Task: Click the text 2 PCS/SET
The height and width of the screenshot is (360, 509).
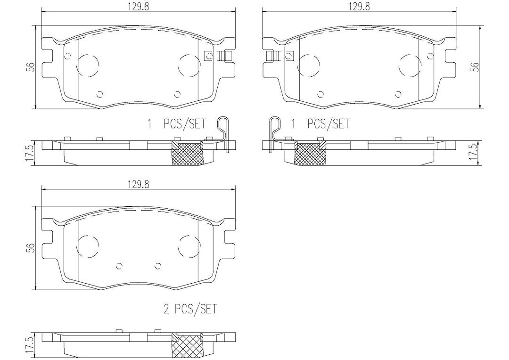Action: coord(190,309)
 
